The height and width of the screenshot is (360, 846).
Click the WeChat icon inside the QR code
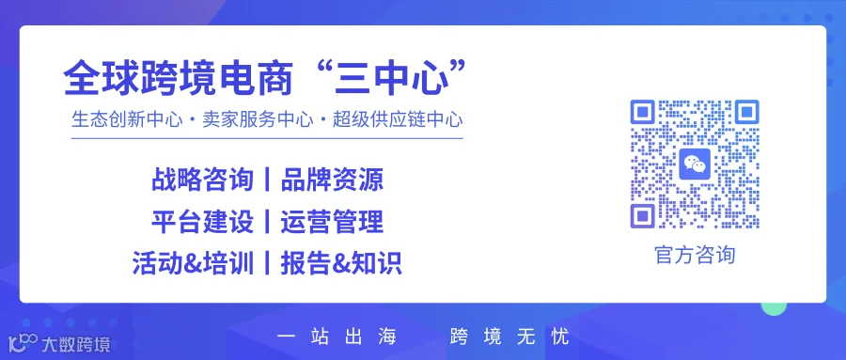[695, 164]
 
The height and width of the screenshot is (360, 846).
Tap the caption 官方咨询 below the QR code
[695, 255]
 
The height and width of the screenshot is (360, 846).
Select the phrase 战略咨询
[202, 180]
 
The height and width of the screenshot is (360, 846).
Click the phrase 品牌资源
[332, 180]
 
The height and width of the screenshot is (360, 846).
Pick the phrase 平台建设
[202, 222]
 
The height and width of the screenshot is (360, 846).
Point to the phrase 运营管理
[332, 222]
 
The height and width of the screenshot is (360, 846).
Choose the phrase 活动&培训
[193, 264]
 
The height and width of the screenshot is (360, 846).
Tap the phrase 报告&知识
[341, 264]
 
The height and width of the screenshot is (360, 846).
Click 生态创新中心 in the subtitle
[127, 119]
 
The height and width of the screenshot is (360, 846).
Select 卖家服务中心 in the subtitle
[258, 119]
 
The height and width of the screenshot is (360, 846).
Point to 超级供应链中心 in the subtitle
[398, 119]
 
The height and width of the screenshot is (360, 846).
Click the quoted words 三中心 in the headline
[392, 79]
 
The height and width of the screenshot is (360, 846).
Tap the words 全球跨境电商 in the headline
[179, 79]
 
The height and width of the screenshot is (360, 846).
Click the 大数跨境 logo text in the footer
[75, 344]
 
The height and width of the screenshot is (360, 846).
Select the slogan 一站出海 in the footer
[337, 337]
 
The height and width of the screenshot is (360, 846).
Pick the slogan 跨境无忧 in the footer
[509, 337]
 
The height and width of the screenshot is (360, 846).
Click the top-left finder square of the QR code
[643, 112]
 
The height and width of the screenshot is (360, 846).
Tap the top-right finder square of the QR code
[746, 112]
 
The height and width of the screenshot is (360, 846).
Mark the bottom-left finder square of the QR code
[643, 216]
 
